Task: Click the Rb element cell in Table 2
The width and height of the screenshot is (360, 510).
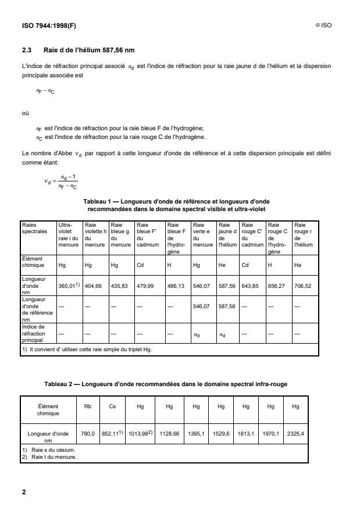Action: (x=88, y=408)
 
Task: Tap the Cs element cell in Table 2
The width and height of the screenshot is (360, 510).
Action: (x=113, y=408)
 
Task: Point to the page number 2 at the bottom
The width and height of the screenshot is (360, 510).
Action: (x=24, y=493)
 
